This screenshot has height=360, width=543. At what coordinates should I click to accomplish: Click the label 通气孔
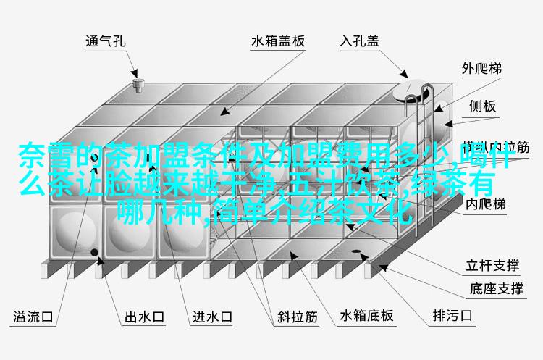pyautogui.click(x=105, y=41)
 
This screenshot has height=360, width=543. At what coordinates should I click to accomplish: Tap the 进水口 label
pyautogui.click(x=211, y=316)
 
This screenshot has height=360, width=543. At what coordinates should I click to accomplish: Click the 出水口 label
pyautogui.click(x=145, y=316)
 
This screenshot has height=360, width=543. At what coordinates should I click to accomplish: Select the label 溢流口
pyautogui.click(x=35, y=316)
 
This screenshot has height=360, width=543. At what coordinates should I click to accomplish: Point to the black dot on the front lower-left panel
pyautogui.click(x=95, y=252)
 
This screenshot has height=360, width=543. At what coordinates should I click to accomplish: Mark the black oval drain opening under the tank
pyautogui.click(x=360, y=254)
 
